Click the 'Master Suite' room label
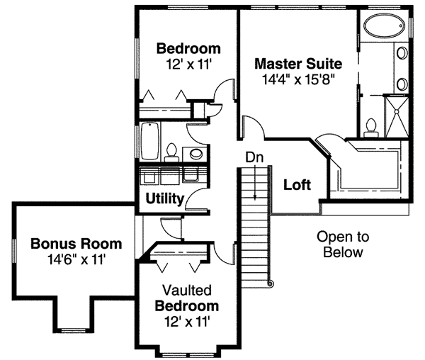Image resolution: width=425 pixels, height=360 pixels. click(x=298, y=62)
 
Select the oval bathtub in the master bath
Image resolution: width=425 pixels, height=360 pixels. click(x=382, y=27)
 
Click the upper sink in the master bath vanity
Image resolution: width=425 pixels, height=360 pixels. click(x=401, y=53)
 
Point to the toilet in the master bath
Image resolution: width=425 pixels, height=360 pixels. click(x=369, y=128)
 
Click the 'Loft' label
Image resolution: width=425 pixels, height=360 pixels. click(x=297, y=186)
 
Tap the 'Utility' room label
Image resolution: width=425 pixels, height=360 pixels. click(x=165, y=198)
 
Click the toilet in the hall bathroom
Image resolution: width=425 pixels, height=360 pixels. click(x=171, y=151)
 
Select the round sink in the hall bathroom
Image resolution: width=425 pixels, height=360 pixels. click(x=195, y=153)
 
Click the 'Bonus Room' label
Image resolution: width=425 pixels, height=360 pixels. click(x=76, y=244)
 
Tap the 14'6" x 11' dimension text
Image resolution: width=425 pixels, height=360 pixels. click(x=76, y=259)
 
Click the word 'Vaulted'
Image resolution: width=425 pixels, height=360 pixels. click(x=188, y=291)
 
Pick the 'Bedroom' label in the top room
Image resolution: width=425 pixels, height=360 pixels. click(x=188, y=49)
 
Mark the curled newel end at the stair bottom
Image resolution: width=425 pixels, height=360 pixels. click(x=269, y=283)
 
